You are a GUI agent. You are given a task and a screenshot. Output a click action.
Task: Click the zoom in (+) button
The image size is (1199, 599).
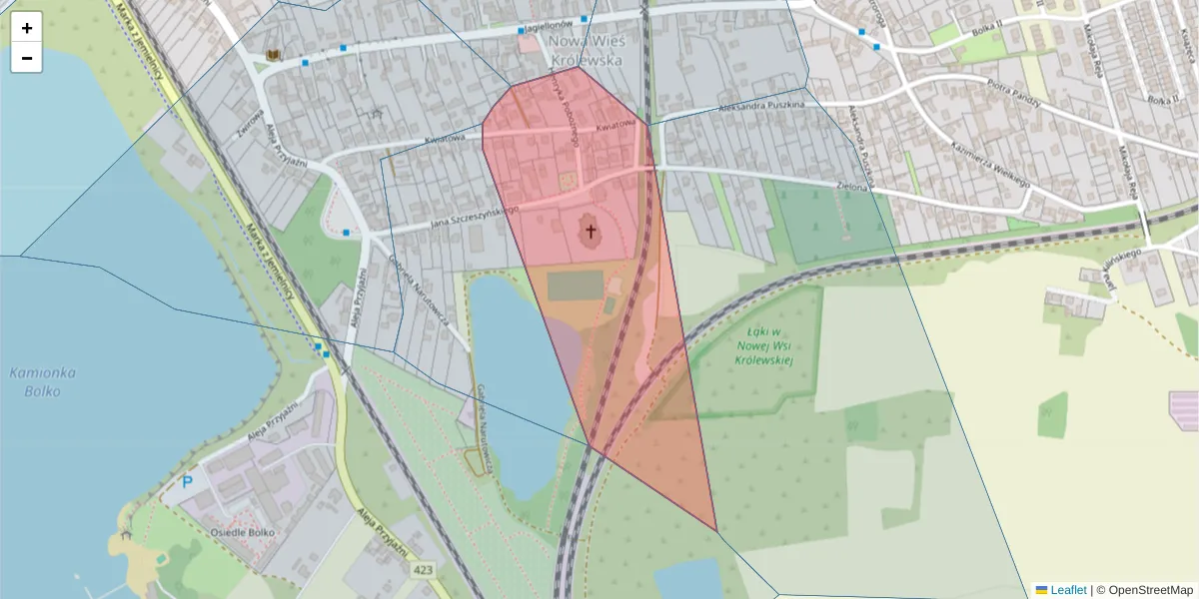[x=27, y=28]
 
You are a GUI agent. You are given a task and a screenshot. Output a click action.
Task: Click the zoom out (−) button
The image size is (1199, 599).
[x=27, y=58]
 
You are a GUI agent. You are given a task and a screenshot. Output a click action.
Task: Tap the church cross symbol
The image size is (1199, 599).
[x=590, y=233]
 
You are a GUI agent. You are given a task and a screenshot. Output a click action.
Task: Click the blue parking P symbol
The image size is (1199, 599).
[x=187, y=483]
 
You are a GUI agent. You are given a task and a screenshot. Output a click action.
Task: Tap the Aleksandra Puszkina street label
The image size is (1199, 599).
[x=761, y=109]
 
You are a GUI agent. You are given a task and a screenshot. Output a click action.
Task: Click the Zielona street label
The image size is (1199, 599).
[x=852, y=185]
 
